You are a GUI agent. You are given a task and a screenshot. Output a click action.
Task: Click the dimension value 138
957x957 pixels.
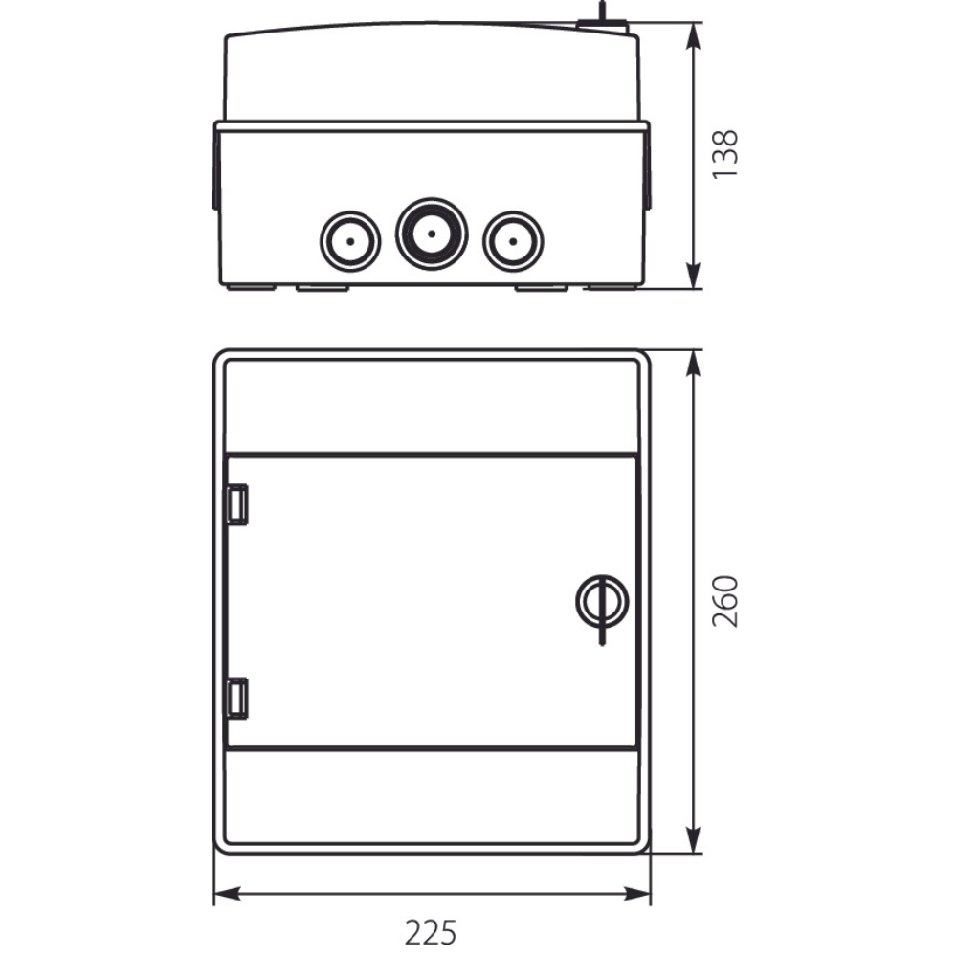click(x=725, y=154)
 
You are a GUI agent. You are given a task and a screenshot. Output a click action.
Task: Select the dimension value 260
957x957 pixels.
click(x=725, y=601)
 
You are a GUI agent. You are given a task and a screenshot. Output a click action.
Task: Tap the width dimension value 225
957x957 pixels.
click(x=431, y=932)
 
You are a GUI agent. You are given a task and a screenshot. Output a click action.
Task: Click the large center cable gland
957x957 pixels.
click(x=432, y=234)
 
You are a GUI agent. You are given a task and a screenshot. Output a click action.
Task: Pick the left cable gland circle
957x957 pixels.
click(x=350, y=241)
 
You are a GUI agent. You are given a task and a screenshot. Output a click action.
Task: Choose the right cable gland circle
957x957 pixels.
click(x=513, y=241)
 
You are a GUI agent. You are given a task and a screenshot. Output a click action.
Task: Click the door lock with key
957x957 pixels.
click(x=602, y=602)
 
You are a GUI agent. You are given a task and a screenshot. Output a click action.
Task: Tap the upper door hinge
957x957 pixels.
click(x=237, y=504)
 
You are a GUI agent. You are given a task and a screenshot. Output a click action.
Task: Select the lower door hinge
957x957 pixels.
click(x=237, y=699)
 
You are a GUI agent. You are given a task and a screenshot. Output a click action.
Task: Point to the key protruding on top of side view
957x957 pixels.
click(x=602, y=18)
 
